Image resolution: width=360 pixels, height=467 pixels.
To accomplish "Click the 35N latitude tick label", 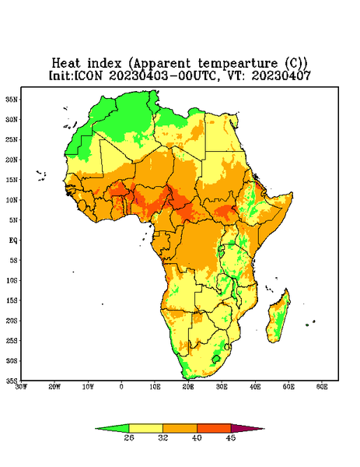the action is coord(12,99).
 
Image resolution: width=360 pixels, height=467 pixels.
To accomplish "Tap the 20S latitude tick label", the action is coord(12,321).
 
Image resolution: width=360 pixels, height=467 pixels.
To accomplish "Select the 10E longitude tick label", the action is coord(155,387).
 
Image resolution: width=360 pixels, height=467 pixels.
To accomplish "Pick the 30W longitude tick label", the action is coord(22,387).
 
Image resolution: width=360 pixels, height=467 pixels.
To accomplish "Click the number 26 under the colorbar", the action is coord(129,437).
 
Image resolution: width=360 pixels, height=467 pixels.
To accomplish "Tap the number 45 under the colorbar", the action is coord(231,437).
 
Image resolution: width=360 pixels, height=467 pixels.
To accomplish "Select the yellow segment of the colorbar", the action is coord(145,428).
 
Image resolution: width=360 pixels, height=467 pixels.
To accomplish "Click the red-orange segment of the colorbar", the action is coord(214,428).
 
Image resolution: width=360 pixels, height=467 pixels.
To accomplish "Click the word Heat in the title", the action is coord(66,64).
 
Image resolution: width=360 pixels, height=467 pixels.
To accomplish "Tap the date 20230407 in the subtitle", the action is coord(281,75).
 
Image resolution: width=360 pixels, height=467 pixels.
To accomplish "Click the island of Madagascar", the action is coord(279,318).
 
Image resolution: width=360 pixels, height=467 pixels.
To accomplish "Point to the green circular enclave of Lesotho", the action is coord(215,359).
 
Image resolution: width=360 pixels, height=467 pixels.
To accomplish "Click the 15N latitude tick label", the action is coord(12,180).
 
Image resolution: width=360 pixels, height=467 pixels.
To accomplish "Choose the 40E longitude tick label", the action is coord(255,387).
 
